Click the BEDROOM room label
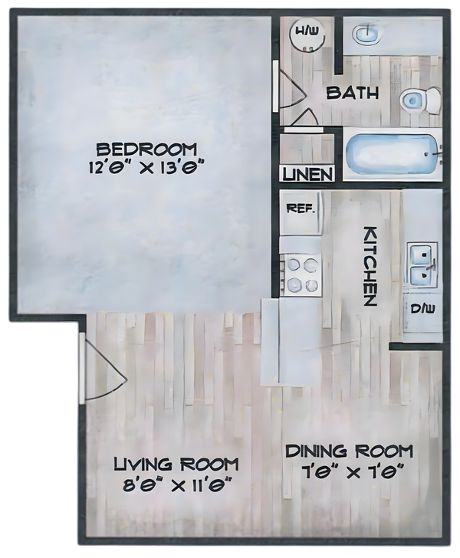[x=146, y=149]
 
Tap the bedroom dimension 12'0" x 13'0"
[x=146, y=167]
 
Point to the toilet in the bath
[x=420, y=100]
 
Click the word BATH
[x=353, y=93]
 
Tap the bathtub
[x=393, y=155]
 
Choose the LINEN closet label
[x=307, y=175]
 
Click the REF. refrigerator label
[x=301, y=208]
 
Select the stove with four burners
[x=301, y=274]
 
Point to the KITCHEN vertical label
[x=370, y=266]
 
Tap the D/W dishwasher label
[x=422, y=309]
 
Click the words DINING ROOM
[x=350, y=451]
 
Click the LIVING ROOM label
[x=176, y=464]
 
